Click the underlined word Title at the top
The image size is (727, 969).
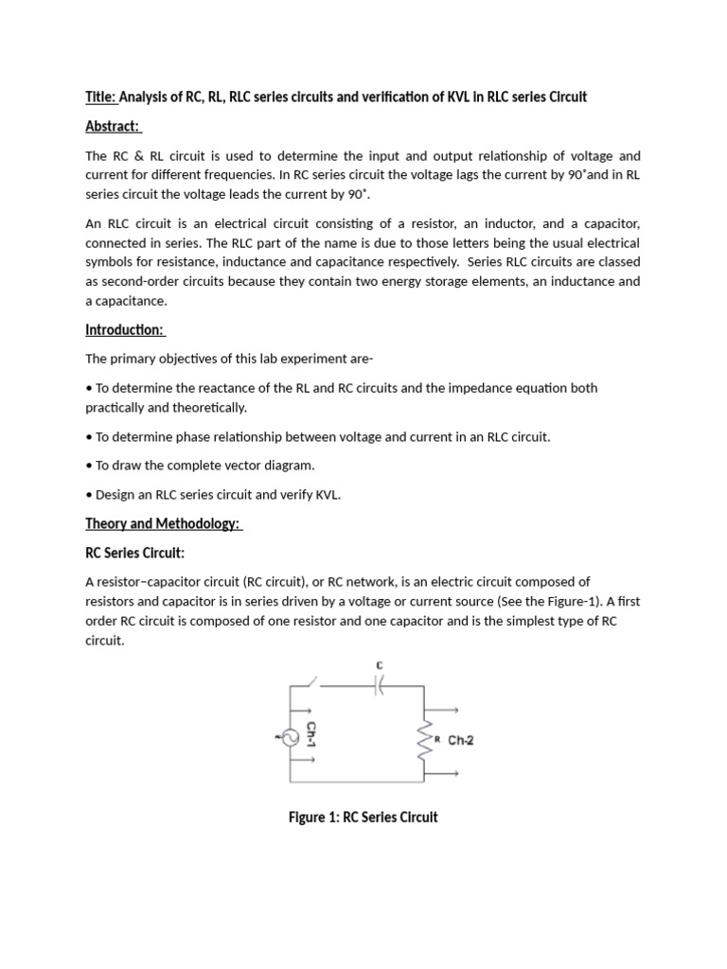[100, 97]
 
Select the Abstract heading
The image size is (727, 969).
[113, 126]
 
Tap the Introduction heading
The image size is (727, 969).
[125, 330]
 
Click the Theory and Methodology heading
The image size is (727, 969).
[164, 523]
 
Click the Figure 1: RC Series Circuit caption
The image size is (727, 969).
[363, 817]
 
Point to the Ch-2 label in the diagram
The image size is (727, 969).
[461, 741]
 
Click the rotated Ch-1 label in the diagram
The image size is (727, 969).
[310, 736]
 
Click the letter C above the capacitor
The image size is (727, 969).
[380, 666]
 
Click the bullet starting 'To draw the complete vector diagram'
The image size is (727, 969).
[200, 466]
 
